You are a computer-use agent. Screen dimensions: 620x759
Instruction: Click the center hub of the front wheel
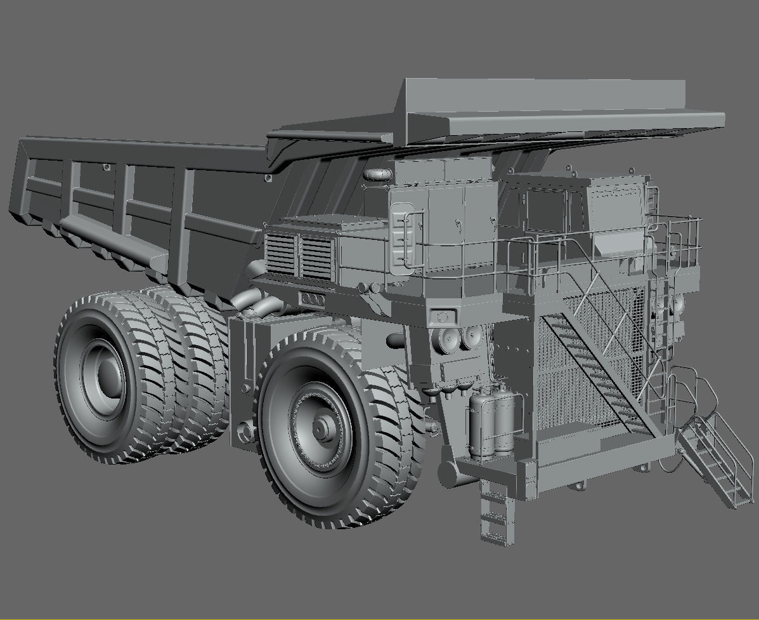point(321,430)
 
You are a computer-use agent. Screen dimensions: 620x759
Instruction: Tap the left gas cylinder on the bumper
point(480,421)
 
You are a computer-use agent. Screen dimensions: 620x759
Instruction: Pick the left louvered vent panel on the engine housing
point(280,254)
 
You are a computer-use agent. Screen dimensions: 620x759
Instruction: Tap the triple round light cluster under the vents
point(313,299)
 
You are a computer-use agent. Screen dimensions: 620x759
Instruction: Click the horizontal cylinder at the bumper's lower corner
point(448,474)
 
